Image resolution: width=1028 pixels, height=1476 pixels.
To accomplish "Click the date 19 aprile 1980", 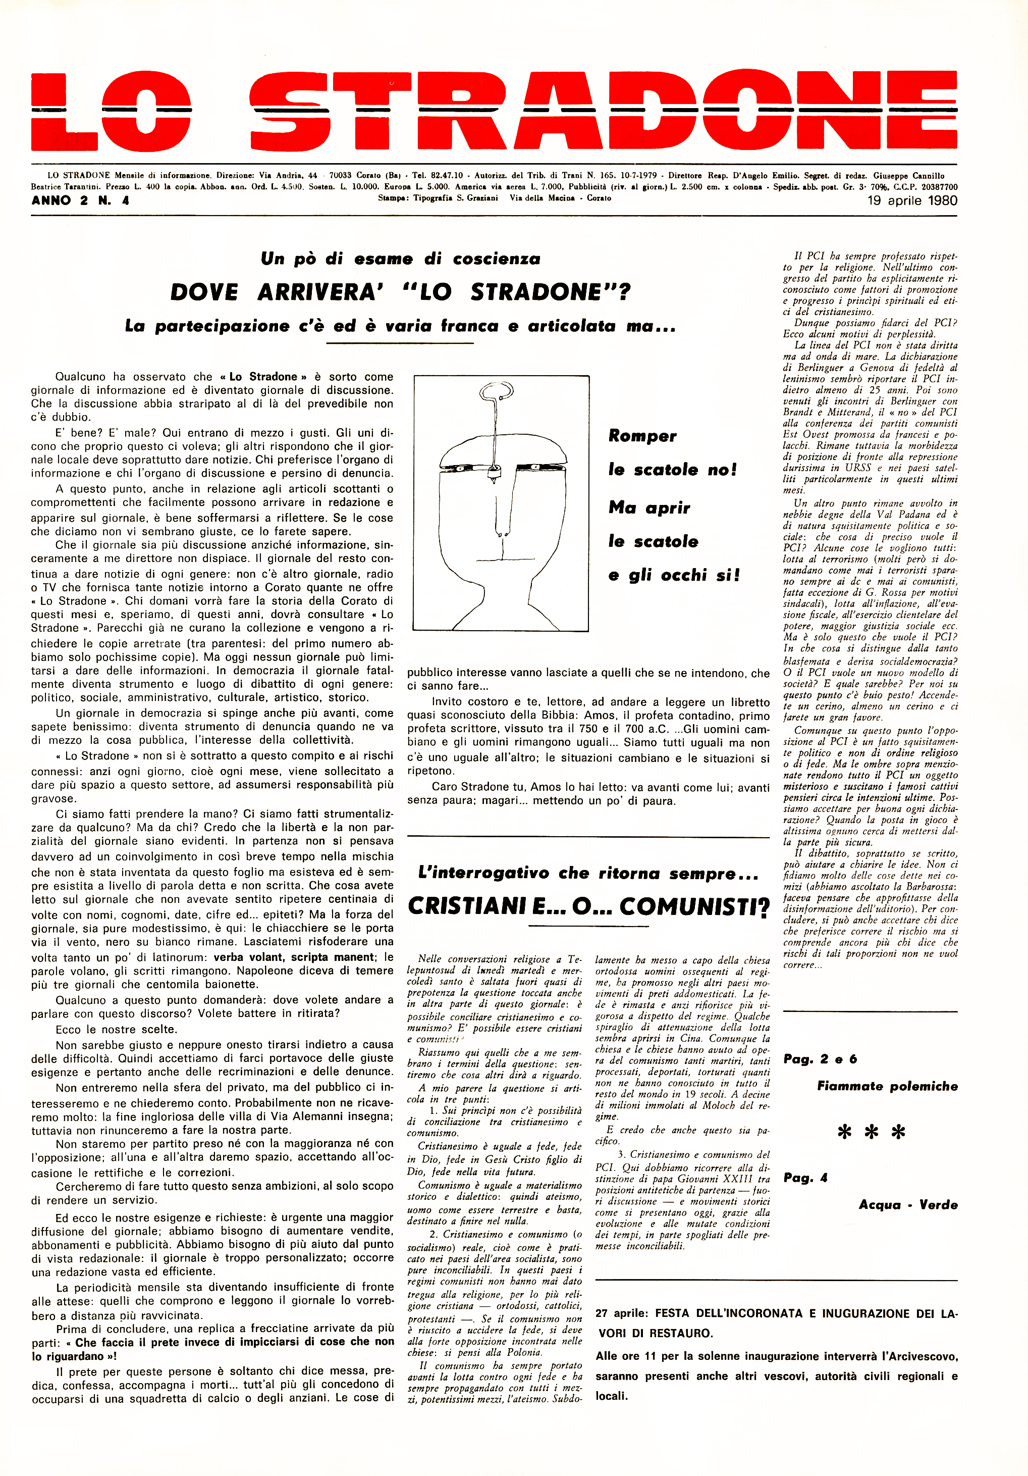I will point(912,200).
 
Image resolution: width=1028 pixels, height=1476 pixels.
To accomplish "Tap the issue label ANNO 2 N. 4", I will point(80,200).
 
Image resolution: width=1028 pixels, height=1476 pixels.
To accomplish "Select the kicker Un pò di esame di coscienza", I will point(400,259).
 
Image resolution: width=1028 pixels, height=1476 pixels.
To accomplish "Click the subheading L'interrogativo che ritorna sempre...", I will point(588,873).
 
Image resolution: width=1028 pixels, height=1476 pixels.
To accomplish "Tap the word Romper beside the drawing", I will point(642,436).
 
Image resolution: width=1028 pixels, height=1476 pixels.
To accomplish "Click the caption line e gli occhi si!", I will point(674,575).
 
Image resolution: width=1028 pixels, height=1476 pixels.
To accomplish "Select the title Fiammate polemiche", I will point(887,1087).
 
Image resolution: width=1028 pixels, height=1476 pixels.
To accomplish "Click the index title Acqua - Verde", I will point(908,1205).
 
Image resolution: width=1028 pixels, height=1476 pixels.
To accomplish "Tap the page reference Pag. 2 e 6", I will point(820,1059).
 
